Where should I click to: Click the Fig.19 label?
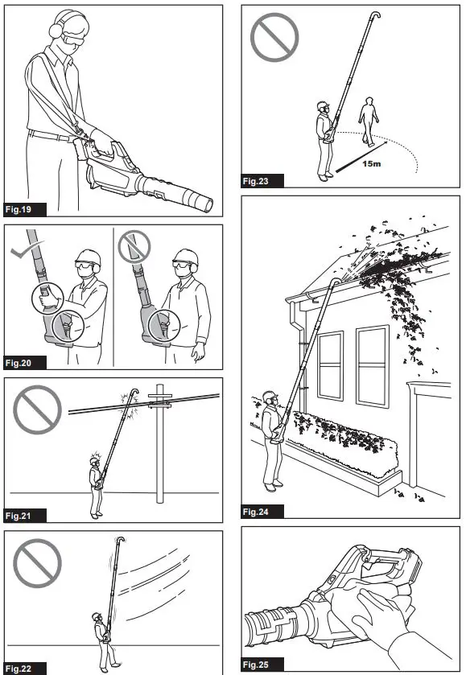(x=19, y=210)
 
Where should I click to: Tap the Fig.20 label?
(x=19, y=363)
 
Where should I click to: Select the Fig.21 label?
(x=19, y=516)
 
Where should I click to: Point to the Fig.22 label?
(x=19, y=669)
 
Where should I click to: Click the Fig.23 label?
(x=255, y=181)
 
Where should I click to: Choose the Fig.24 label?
(x=255, y=512)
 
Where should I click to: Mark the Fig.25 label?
(x=255, y=665)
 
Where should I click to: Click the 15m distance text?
(x=371, y=164)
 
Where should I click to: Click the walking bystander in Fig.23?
(x=369, y=121)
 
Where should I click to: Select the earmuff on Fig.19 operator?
(x=56, y=30)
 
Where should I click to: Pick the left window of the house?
(x=330, y=366)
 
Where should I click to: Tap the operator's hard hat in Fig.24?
(x=270, y=396)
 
